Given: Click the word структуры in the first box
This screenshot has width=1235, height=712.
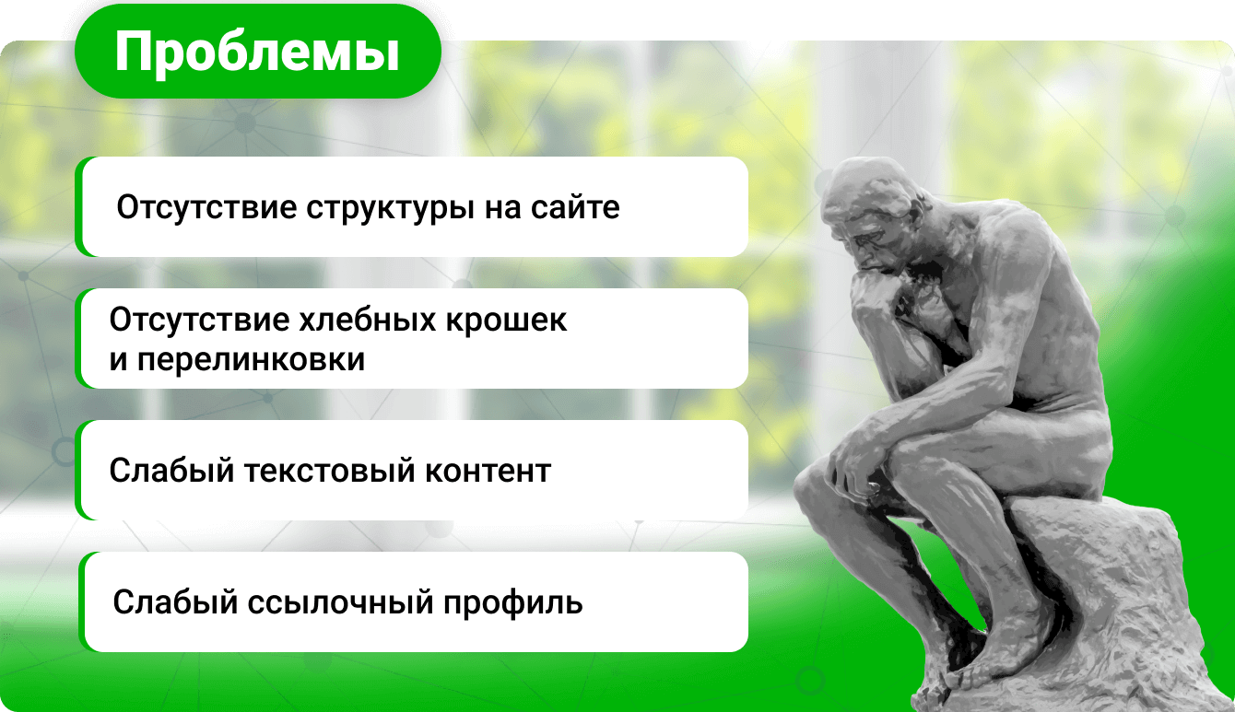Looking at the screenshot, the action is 391,209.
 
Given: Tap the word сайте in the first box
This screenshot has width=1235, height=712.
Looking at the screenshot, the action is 575,207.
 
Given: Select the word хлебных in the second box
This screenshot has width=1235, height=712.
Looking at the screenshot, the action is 368,320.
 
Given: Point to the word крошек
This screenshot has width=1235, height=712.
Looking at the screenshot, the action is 506,320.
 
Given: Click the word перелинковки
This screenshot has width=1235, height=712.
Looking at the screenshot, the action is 251,360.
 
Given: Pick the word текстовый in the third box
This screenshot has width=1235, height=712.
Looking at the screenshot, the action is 330,471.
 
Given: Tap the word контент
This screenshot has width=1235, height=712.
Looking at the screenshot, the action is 488,472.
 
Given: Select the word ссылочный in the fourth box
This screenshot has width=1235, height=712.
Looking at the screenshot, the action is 340,602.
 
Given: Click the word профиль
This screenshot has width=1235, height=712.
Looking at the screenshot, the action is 512,603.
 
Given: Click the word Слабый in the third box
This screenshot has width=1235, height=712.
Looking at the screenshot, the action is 172,471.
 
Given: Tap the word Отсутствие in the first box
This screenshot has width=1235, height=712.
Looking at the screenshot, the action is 206,207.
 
